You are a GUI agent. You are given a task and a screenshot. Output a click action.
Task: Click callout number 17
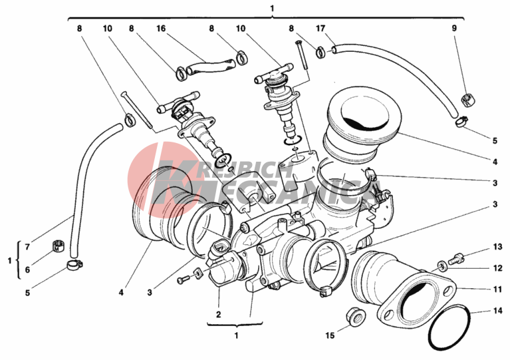[320, 29]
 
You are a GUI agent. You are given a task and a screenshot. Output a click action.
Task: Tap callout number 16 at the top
[161, 29]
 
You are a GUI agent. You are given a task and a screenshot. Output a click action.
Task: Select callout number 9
[454, 29]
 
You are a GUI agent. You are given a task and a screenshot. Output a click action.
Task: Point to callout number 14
[497, 311]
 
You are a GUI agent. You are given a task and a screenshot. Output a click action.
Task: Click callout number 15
[330, 335]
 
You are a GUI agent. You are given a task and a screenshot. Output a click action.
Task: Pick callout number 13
[497, 247]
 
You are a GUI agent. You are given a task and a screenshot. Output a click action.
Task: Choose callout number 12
[497, 268]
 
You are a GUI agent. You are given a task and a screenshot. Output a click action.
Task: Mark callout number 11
[497, 289]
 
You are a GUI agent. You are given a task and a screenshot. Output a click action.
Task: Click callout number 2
[218, 315]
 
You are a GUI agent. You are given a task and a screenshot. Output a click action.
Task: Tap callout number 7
[27, 247]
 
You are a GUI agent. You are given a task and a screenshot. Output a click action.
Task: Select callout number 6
[27, 270]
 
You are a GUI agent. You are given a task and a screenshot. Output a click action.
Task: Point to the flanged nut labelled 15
[355, 316]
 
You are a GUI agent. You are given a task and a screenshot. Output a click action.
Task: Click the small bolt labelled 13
[456, 259]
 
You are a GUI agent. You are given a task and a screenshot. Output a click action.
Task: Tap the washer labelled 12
[442, 267]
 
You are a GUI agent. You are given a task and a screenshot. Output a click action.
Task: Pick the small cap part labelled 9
[467, 100]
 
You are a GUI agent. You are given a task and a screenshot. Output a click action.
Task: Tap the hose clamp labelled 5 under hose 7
[74, 266]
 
